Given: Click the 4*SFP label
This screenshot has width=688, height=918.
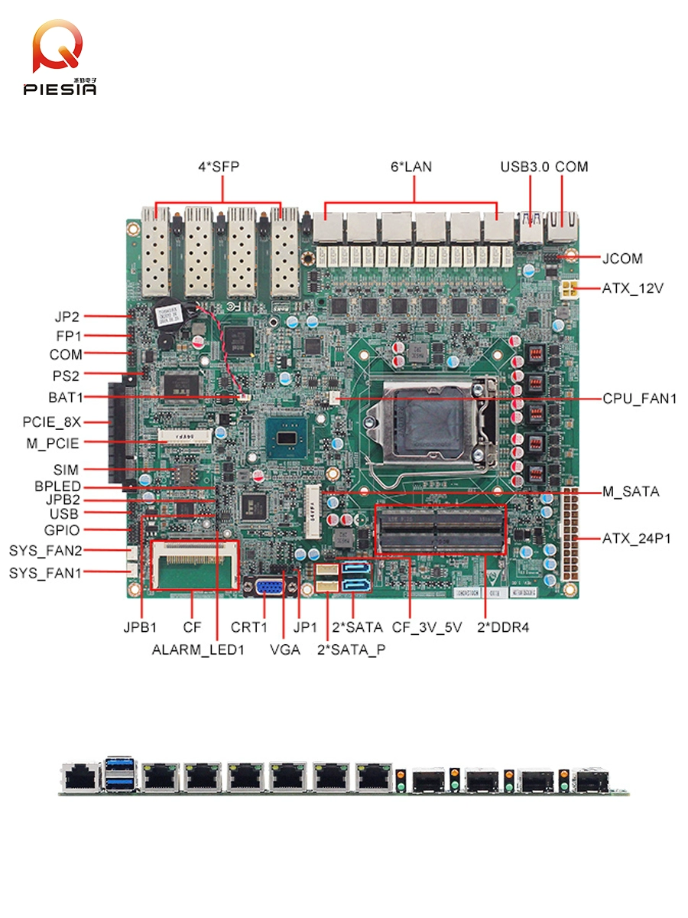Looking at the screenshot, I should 219,166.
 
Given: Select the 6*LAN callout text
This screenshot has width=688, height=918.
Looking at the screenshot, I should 411,166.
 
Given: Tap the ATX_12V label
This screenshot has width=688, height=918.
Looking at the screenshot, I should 632,289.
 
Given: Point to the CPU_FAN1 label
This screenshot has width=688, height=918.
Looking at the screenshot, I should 639,398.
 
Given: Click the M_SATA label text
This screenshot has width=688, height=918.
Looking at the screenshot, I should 630,493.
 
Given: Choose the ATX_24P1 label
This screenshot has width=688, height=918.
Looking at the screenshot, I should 636,539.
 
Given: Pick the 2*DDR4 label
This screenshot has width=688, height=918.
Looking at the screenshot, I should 504,627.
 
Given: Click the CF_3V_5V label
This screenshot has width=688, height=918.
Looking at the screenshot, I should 427,627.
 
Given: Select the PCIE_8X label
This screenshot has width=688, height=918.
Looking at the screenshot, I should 51,421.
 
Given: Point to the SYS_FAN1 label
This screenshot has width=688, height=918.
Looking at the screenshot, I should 45,572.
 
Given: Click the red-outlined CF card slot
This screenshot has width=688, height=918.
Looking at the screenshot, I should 194,565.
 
